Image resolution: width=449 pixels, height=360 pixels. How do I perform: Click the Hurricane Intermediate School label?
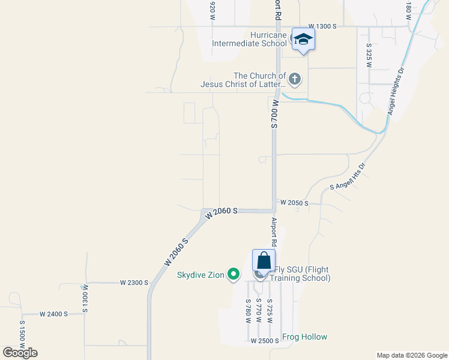coord(250,39)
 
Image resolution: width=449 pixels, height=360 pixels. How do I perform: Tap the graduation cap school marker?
coord(303,40)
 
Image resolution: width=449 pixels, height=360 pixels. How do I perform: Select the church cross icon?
coord(295,78)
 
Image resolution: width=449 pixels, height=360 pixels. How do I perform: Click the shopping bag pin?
coord(264,261)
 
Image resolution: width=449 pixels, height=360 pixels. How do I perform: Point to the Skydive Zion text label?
coord(200,275)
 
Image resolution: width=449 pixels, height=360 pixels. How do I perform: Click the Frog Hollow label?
coord(304,337)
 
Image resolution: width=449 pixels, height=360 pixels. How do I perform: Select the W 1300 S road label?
coord(323,27)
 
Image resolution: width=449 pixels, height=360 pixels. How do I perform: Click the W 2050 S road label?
coord(294,203)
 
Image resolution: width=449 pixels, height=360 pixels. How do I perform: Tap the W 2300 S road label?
coord(133,282)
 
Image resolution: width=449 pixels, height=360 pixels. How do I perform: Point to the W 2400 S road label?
coord(53,314)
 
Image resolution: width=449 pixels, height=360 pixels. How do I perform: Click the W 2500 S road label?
coord(265,341)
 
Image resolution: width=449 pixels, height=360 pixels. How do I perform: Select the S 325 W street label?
coord(369,55)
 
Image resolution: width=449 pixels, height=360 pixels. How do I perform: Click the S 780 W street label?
coord(248,311)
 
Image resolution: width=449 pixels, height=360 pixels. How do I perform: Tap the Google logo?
coord(20,353)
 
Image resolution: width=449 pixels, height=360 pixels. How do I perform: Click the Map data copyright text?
coord(411,355)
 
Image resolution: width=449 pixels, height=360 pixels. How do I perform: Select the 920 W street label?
coord(212,11)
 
